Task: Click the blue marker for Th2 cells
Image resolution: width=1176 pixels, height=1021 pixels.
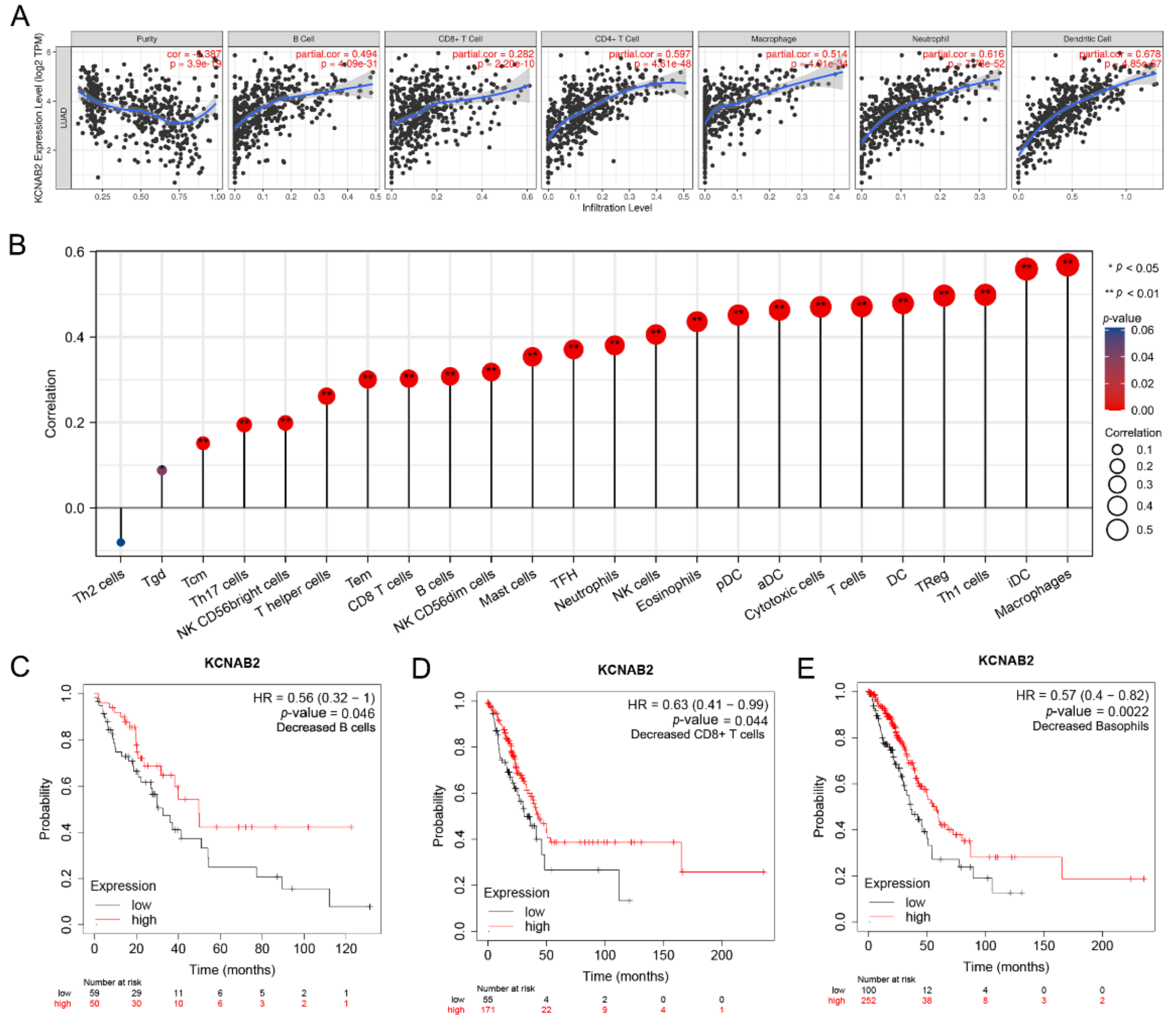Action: pyautogui.click(x=121, y=542)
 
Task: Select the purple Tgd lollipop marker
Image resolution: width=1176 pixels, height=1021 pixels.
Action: pyautogui.click(x=162, y=470)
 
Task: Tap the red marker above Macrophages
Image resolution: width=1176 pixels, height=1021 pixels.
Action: pyautogui.click(x=1067, y=264)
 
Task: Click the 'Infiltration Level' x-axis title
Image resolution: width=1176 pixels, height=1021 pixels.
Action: pyautogui.click(x=617, y=208)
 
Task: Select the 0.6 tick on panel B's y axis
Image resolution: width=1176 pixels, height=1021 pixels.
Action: pyautogui.click(x=74, y=252)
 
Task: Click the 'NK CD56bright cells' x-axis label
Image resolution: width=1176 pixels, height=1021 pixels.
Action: pyautogui.click(x=234, y=604)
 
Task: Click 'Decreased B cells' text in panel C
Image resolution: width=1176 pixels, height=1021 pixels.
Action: pyautogui.click(x=325, y=728)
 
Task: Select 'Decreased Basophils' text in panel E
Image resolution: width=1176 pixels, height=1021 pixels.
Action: pyautogui.click(x=1090, y=726)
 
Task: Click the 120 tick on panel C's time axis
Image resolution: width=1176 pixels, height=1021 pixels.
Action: pyautogui.click(x=346, y=948)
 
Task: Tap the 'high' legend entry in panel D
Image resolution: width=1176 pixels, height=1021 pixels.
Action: pyautogui.click(x=537, y=927)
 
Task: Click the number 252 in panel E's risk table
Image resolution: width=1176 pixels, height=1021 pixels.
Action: pyautogui.click(x=868, y=1001)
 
